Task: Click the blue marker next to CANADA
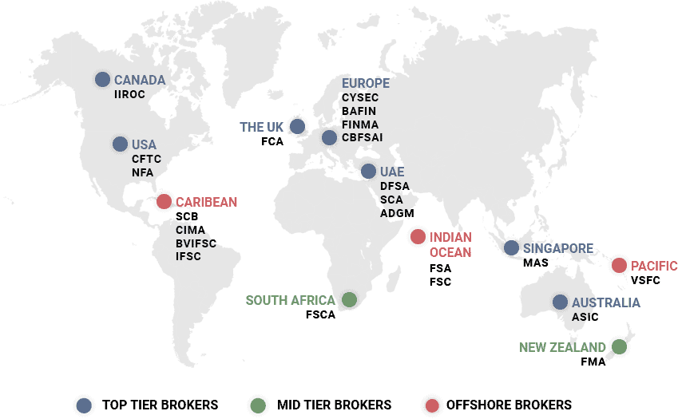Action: point(102,79)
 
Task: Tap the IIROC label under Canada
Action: point(129,94)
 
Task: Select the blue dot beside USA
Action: point(120,144)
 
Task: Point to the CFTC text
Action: point(146,159)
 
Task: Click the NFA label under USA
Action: point(142,172)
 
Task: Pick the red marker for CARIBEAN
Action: point(164,201)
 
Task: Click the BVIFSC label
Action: point(196,243)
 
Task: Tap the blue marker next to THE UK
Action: point(297,126)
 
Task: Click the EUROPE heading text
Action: point(365,83)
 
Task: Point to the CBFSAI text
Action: point(363,137)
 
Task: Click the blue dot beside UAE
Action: point(367,172)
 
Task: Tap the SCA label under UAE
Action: point(392,200)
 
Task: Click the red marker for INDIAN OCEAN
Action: point(417,236)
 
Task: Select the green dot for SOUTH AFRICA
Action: point(349,299)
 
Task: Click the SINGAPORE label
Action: point(558,248)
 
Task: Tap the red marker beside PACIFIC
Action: point(619,266)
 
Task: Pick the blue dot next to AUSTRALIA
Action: point(560,302)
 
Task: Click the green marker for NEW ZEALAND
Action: point(619,346)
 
